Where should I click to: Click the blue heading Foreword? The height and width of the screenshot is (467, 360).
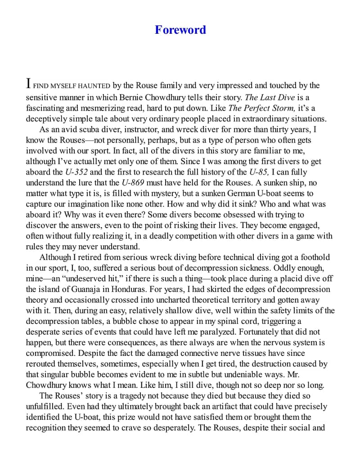coord(180,30)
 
